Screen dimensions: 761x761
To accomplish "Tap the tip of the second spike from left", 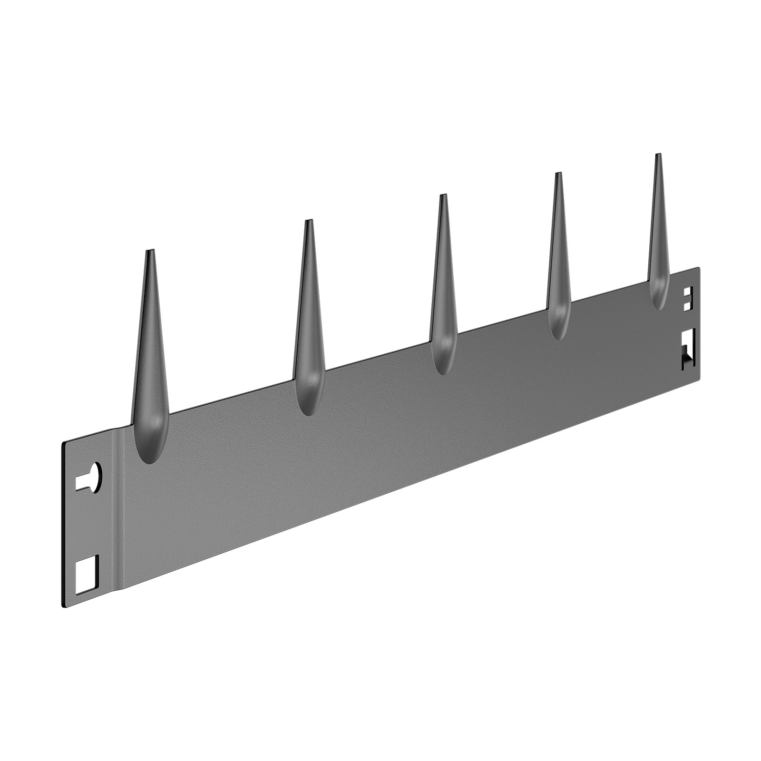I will [x=309, y=221].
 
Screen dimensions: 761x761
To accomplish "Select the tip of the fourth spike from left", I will [x=557, y=174].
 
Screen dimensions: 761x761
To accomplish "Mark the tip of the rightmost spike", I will [x=658, y=155].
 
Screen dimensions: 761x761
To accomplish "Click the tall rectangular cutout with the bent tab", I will [x=688, y=350].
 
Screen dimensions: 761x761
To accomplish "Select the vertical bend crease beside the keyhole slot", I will [x=119, y=514].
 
